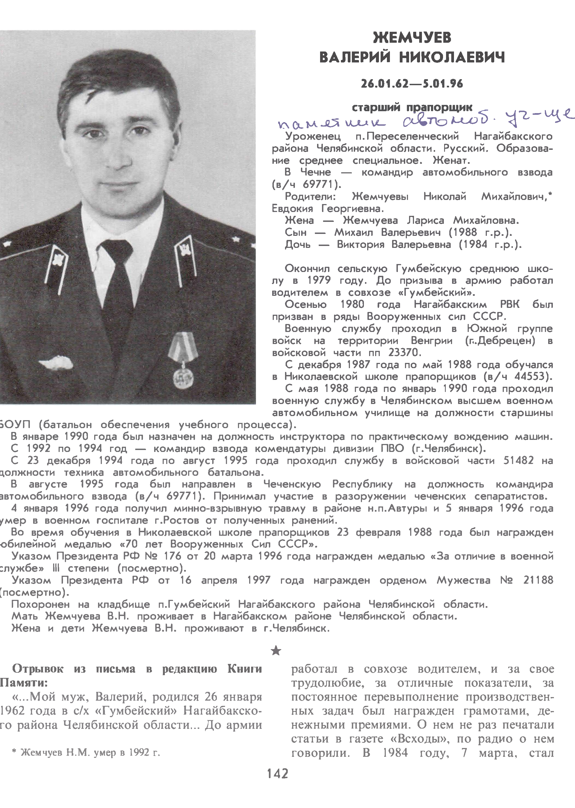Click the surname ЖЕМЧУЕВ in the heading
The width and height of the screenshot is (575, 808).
point(412,38)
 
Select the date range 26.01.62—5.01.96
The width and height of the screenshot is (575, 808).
point(412,84)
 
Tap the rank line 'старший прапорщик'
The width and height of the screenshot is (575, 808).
point(412,107)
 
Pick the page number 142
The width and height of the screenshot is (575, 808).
point(278,784)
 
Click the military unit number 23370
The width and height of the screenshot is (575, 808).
point(404,353)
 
